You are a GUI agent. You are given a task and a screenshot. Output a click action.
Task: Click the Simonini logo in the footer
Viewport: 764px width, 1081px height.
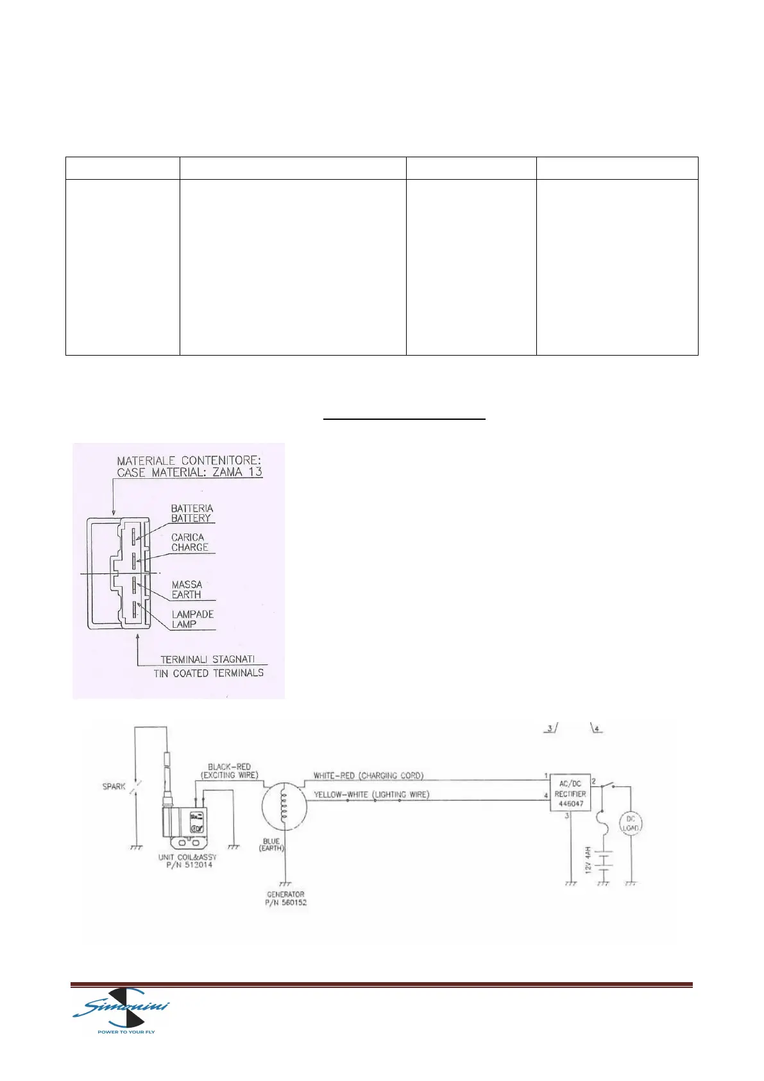click(x=122, y=1013)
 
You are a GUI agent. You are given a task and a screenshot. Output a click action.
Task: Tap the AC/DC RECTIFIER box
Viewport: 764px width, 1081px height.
click(x=570, y=794)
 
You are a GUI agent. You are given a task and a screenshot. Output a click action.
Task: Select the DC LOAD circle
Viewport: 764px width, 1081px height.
click(x=631, y=824)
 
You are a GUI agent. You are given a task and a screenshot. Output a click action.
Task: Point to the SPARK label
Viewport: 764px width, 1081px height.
click(x=114, y=786)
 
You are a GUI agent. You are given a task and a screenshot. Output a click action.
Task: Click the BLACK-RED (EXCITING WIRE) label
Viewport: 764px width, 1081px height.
click(x=229, y=771)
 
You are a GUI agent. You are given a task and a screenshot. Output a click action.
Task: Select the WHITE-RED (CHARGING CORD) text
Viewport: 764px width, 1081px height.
click(x=368, y=775)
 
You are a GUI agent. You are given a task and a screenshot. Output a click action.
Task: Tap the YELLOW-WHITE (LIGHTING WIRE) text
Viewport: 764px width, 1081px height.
click(x=371, y=795)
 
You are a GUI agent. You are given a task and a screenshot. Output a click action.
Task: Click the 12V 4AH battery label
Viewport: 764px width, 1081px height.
click(x=588, y=860)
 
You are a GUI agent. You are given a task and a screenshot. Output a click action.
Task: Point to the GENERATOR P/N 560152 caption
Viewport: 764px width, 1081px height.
click(x=285, y=898)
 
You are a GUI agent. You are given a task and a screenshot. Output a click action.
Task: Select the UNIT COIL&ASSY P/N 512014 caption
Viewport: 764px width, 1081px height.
click(x=187, y=861)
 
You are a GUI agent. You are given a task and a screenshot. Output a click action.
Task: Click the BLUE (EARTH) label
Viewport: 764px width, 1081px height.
click(x=271, y=845)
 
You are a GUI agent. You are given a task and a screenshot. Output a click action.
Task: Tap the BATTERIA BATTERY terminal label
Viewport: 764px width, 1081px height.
click(x=192, y=513)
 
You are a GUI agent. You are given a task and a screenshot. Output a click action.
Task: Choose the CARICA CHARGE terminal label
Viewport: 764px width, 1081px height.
click(x=189, y=542)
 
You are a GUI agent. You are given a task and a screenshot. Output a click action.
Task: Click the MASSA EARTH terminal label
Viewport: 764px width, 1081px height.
click(x=187, y=589)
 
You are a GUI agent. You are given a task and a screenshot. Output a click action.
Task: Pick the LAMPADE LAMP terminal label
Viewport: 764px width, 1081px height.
click(x=192, y=619)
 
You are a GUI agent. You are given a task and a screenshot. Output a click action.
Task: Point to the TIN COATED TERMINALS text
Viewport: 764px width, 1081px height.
click(x=208, y=673)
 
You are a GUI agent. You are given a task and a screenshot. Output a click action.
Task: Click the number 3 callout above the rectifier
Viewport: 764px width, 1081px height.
click(x=550, y=729)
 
